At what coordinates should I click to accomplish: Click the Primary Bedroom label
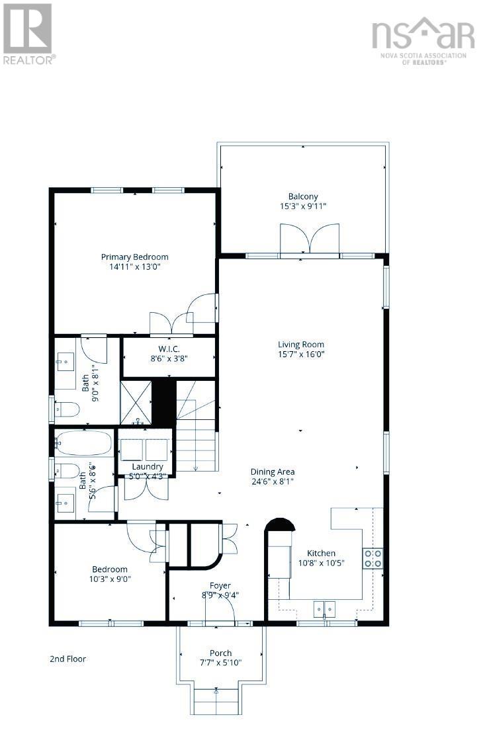coord(134,257)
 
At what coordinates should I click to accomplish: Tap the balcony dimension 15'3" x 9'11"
coord(302,206)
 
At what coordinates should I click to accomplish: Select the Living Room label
coord(300,344)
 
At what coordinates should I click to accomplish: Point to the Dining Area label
coord(272,472)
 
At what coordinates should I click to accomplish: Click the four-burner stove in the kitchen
coord(372,559)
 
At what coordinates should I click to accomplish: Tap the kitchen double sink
coord(324,608)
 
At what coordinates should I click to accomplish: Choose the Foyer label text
coord(220,585)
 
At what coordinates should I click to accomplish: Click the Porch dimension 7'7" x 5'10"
coord(220,663)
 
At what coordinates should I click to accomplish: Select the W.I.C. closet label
coord(169,349)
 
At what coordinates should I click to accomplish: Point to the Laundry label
coord(146,466)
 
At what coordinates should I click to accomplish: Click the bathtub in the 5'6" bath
coord(83,443)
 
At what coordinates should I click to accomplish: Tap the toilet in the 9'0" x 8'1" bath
coord(67,411)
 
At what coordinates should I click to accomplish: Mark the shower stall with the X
coord(136,402)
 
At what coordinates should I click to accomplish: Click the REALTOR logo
coord(28,32)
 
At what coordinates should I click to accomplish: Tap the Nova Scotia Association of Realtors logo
coord(423,40)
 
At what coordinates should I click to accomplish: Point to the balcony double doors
coord(310,239)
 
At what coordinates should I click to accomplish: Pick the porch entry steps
coord(216,700)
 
